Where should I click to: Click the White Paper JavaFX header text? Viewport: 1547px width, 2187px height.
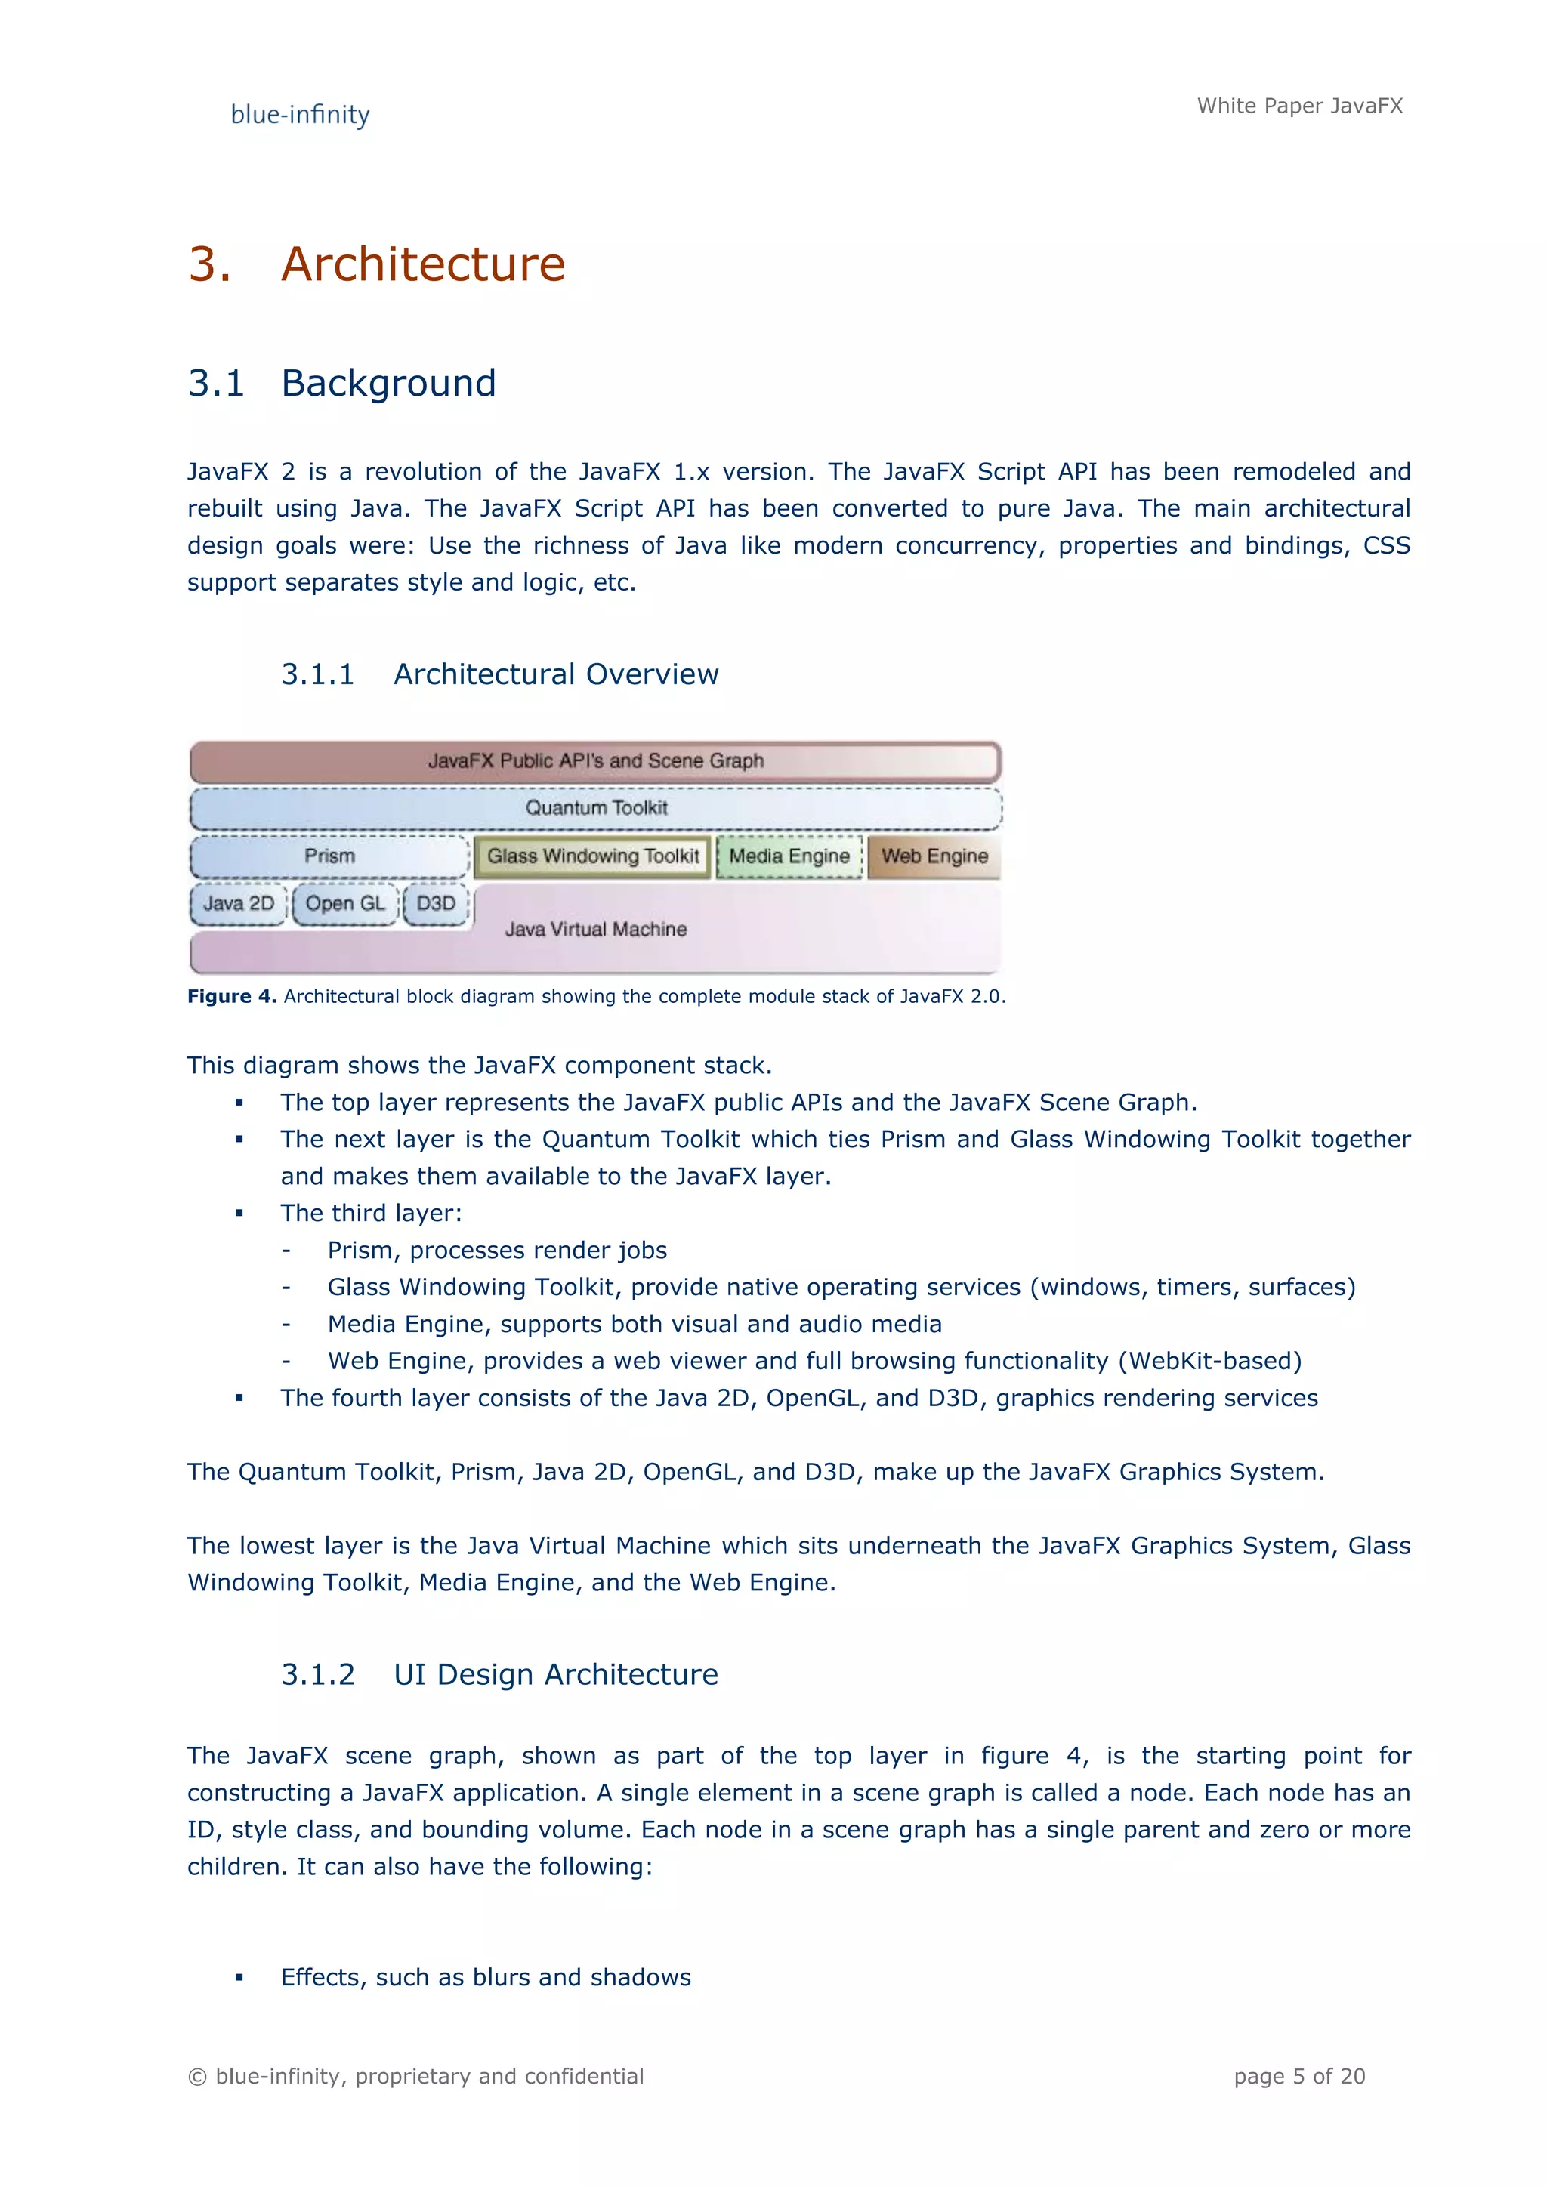click(x=1299, y=106)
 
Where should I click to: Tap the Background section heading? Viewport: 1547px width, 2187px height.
click(x=389, y=383)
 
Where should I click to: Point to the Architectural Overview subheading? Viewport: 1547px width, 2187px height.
click(x=555, y=674)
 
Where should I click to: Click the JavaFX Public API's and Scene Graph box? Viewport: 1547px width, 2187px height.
click(x=595, y=761)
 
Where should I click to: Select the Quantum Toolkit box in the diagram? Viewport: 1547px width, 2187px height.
click(x=596, y=808)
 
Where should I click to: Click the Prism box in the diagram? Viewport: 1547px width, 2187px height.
click(x=329, y=856)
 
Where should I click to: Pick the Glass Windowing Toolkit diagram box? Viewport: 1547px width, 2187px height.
click(x=592, y=856)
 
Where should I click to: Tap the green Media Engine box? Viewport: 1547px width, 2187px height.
click(x=789, y=856)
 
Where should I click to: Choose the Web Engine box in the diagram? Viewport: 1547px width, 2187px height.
click(x=934, y=856)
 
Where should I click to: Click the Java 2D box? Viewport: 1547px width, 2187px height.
click(x=238, y=904)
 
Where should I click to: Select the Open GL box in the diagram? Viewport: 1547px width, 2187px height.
click(x=345, y=904)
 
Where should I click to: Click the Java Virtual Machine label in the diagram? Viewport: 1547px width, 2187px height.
click(x=595, y=930)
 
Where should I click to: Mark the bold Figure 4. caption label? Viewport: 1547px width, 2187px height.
click(x=231, y=996)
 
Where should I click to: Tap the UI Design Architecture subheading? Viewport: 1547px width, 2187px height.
click(x=555, y=1674)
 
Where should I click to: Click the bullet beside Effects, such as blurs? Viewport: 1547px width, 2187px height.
click(x=239, y=1979)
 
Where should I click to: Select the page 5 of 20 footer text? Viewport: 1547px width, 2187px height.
click(x=1299, y=2077)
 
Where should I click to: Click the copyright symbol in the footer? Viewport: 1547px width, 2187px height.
click(x=197, y=2077)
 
